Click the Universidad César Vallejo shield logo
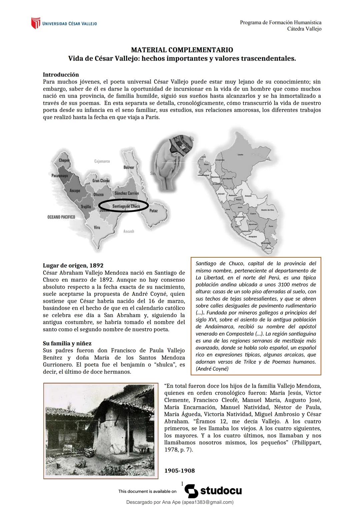pyautogui.click(x=35, y=23)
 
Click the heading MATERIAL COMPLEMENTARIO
pyautogui.click(x=182, y=50)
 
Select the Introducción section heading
pyautogui.click(x=61, y=75)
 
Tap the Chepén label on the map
pyautogui.click(x=64, y=160)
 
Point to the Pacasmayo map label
pyautogui.click(x=60, y=175)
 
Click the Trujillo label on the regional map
pyautogui.click(x=86, y=207)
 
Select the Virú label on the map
pyautogui.click(x=97, y=228)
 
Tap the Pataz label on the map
pyautogui.click(x=153, y=211)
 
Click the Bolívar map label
pyautogui.click(x=129, y=167)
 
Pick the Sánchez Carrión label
pyautogui.click(x=127, y=193)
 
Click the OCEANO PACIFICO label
pyautogui.click(x=61, y=217)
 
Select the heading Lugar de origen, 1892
pyautogui.click(x=73, y=266)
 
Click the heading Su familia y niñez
pyautogui.click(x=67, y=343)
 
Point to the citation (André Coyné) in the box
pyautogui.click(x=212, y=369)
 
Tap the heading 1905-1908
pyautogui.click(x=179, y=471)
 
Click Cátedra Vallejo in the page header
pyautogui.click(x=304, y=29)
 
